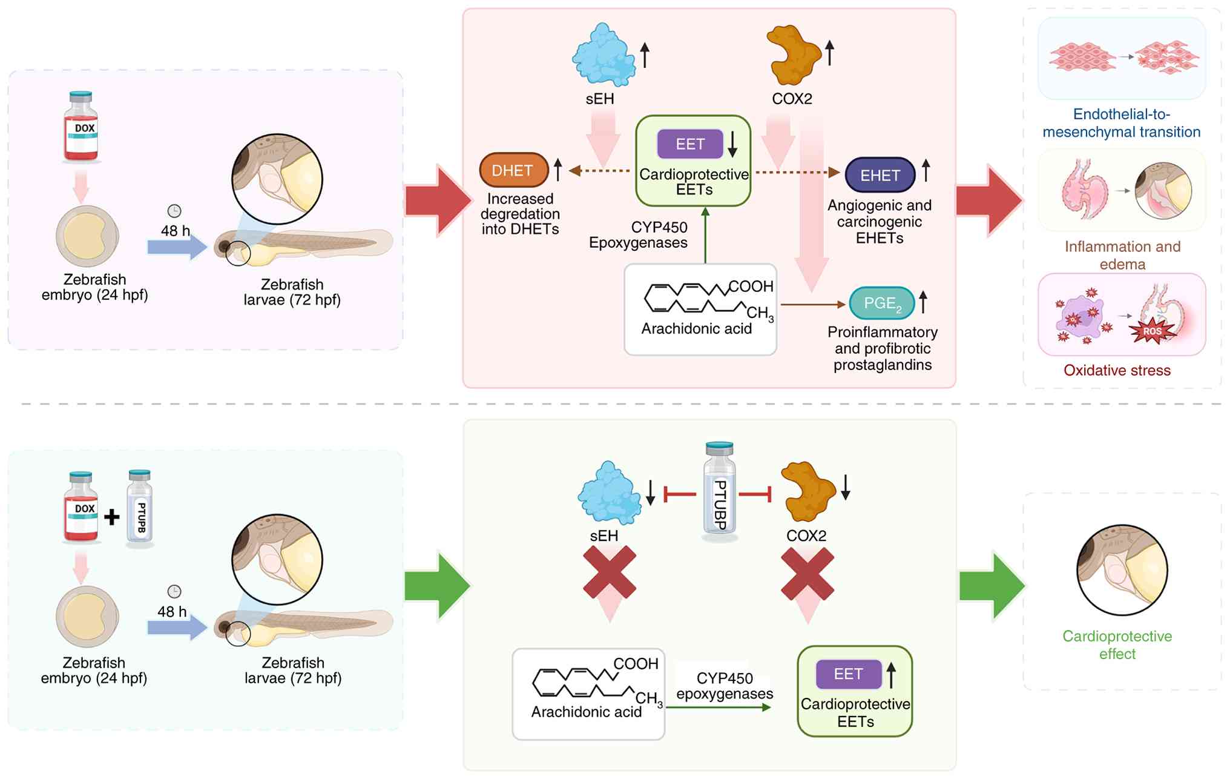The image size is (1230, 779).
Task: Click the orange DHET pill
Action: point(513,170)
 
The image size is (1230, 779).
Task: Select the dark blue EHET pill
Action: point(880,175)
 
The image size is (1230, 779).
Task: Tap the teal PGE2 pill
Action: point(881,303)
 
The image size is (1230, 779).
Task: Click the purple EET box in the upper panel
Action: point(690,144)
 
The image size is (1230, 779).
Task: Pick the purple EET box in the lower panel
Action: point(848,674)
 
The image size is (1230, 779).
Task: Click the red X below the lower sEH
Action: point(610,572)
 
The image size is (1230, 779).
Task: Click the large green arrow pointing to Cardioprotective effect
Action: point(992,586)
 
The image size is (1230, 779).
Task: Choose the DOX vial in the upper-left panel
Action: point(81,127)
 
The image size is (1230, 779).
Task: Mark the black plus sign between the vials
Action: point(111,517)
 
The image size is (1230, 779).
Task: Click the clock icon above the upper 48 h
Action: point(174,211)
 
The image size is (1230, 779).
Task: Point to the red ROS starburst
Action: point(1152,331)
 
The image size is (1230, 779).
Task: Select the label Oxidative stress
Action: point(1117,370)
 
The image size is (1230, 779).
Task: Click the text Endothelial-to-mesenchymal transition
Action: point(1121,123)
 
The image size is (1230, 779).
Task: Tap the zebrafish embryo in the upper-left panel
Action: point(87,236)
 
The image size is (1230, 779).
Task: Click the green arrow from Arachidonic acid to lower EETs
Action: point(719,707)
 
